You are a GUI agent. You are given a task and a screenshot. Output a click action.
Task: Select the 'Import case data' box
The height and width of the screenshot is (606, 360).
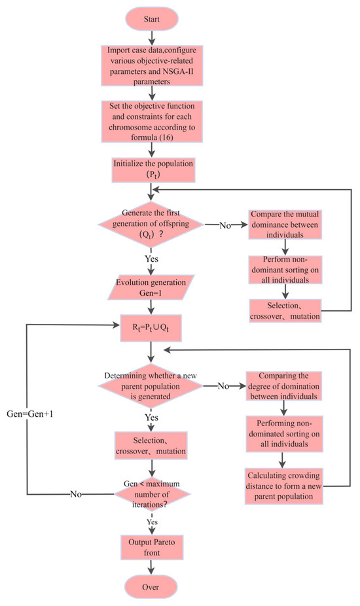pos(152,67)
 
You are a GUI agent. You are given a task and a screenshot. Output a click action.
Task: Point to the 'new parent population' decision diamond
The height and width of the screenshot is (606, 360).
pos(152,386)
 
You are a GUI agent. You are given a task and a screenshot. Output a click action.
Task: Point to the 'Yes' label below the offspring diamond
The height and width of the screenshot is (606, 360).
pos(152,258)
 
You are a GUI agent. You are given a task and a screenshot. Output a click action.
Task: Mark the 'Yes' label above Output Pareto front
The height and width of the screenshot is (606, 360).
pos(152,522)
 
